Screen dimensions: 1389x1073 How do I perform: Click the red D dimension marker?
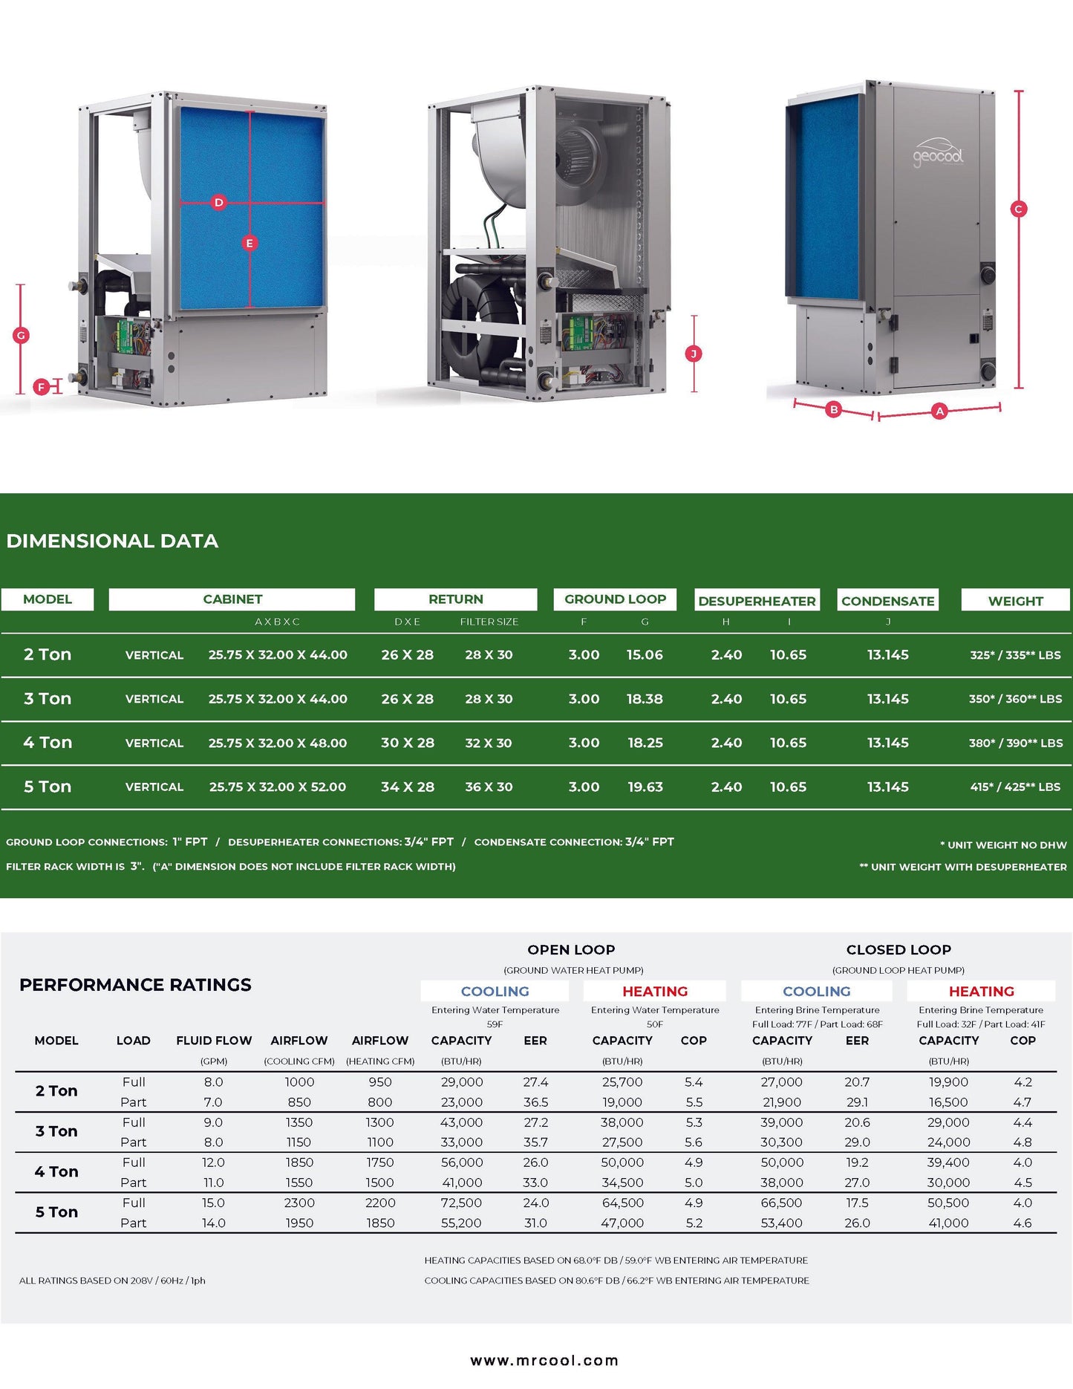point(218,202)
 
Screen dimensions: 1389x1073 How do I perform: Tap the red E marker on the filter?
point(250,243)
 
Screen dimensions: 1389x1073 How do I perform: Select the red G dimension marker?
point(21,335)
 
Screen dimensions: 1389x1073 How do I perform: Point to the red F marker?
point(42,387)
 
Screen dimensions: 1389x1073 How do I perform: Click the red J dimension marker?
point(694,354)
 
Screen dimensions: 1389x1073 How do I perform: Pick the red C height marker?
point(1019,209)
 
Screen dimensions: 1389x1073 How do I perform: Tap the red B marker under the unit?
point(834,409)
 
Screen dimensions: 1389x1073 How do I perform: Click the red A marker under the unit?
point(939,411)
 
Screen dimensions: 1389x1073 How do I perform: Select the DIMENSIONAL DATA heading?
point(112,541)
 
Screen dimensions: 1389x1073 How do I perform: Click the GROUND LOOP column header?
point(615,599)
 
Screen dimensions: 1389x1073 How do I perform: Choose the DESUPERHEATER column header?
point(757,601)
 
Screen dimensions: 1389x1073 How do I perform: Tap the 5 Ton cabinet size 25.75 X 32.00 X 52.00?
point(278,787)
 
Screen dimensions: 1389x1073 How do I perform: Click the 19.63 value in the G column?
point(645,787)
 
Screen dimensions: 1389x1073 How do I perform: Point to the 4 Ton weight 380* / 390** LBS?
point(1015,743)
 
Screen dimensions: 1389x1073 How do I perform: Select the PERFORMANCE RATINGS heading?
point(135,985)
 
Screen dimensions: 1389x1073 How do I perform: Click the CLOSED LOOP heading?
point(898,949)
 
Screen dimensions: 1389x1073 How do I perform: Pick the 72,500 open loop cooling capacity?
point(461,1203)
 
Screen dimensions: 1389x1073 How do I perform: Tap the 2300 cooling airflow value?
point(299,1203)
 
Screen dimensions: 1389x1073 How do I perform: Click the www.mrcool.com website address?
point(544,1360)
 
